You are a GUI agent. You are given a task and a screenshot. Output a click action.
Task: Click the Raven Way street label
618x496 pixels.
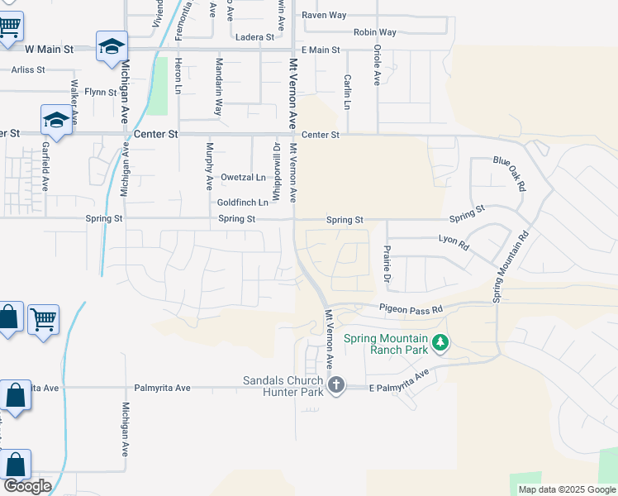pyautogui.click(x=324, y=15)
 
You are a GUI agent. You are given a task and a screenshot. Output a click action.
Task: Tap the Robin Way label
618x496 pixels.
pyautogui.click(x=375, y=32)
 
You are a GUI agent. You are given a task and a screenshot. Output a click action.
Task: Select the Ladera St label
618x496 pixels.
pyautogui.click(x=254, y=37)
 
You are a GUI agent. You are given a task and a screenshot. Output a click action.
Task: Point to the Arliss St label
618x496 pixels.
pyautogui.click(x=27, y=70)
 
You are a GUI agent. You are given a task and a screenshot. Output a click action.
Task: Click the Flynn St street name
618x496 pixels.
pyautogui.click(x=101, y=92)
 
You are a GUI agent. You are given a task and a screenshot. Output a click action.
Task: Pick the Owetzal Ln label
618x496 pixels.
pyautogui.click(x=244, y=178)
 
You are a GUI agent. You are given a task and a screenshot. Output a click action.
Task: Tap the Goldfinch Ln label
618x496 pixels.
pyautogui.click(x=243, y=203)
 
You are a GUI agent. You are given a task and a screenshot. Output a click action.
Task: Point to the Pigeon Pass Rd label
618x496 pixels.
pyautogui.click(x=411, y=308)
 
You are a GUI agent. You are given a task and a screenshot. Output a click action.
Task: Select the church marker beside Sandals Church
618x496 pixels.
pyautogui.click(x=335, y=384)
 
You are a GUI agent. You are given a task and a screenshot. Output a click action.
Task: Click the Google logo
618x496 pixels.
pyautogui.click(x=26, y=486)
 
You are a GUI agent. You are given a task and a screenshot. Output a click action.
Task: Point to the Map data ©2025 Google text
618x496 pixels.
pyautogui.click(x=566, y=489)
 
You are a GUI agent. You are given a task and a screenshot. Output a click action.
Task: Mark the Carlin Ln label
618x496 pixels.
pyautogui.click(x=348, y=92)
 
